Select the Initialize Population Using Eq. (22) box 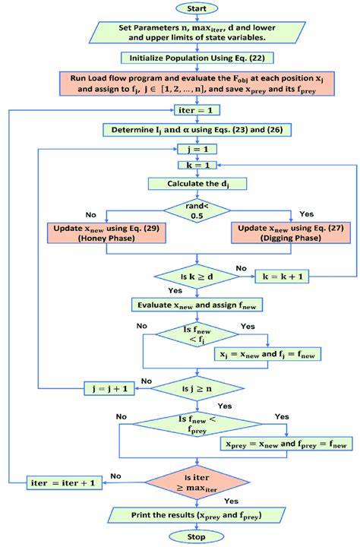(197, 57)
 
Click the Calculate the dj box (197, 183)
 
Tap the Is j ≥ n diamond (197, 389)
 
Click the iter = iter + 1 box (64, 481)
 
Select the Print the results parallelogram (197, 515)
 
